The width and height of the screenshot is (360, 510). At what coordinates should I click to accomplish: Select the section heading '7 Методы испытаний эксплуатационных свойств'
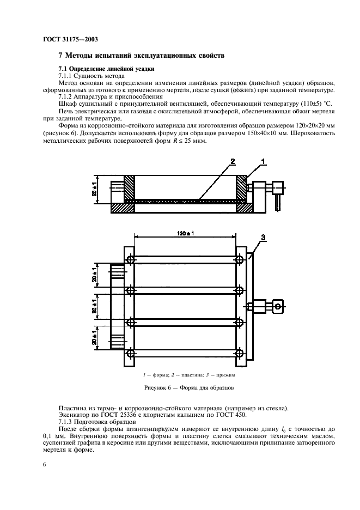pyautogui.click(x=141, y=56)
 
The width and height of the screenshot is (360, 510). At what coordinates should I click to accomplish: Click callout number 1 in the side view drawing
pyautogui.click(x=264, y=161)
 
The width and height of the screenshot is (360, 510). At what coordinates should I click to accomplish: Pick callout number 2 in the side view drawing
pyautogui.click(x=233, y=161)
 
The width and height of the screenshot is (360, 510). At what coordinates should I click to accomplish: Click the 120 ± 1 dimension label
pyautogui.click(x=186, y=233)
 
